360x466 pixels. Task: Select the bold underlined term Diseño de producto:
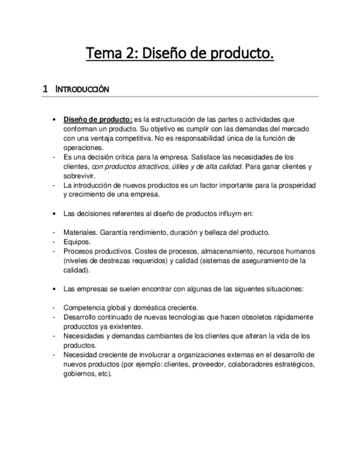tap(98, 119)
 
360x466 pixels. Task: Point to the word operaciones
tap(82, 148)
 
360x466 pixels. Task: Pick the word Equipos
tap(76, 241)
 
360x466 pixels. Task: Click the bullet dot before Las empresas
tap(53, 289)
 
